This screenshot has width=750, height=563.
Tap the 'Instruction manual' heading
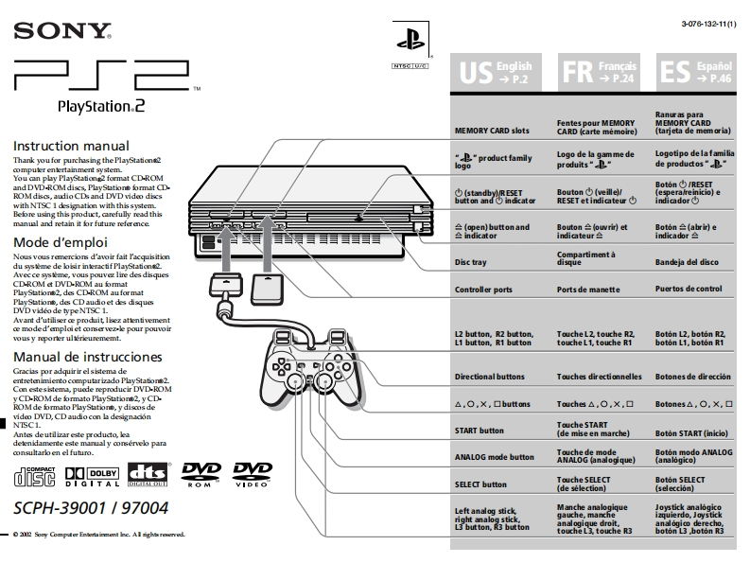pos(71,147)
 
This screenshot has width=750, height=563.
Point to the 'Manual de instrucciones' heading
pos(88,357)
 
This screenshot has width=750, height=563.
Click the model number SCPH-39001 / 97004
pos(91,507)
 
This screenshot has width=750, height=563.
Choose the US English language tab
pos(497,72)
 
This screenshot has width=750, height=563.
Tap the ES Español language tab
pos(698,72)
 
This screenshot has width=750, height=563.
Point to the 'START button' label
pos(480,431)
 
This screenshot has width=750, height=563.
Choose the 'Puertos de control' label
pos(689,289)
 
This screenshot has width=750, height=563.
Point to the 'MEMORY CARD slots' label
pos(492,130)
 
